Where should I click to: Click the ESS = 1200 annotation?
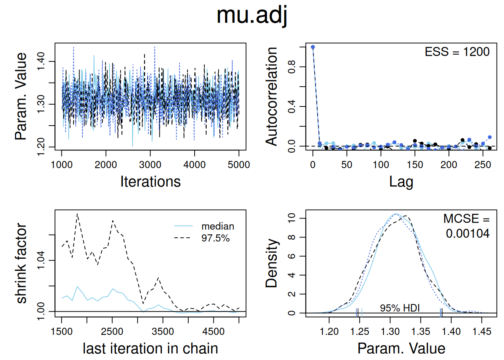457,52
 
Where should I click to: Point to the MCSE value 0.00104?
467,234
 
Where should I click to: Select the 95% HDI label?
400,308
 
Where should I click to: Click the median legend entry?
217,226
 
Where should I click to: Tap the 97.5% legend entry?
215,238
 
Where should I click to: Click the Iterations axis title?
150,181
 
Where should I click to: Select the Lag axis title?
401,181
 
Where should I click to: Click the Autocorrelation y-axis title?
271,96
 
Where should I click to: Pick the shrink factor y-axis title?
21,263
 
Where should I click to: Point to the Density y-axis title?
271,263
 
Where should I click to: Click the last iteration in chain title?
150,348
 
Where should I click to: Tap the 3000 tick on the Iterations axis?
150,165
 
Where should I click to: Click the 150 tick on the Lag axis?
415,165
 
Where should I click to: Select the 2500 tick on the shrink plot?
112,331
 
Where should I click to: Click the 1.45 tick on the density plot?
481,331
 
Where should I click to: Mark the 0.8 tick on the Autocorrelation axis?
291,67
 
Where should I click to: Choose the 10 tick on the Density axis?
291,218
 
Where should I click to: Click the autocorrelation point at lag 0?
313,47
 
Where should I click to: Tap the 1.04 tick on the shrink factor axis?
40,260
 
